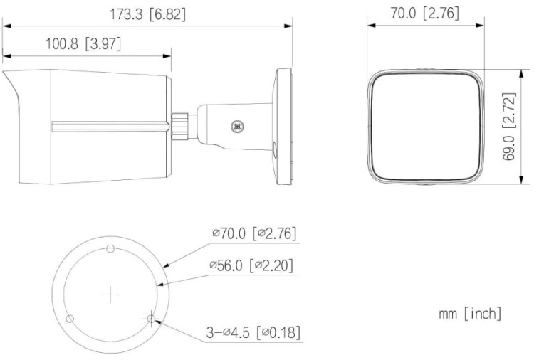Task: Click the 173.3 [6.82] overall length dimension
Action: (x=147, y=14)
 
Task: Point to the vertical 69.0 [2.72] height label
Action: (x=508, y=125)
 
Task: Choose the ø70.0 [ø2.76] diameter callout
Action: (x=253, y=233)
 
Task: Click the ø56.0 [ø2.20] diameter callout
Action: (x=251, y=265)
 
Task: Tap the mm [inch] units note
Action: (x=471, y=313)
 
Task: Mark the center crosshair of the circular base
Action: (x=110, y=295)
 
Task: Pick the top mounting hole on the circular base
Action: (x=110, y=248)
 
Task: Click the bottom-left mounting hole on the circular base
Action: (x=70, y=318)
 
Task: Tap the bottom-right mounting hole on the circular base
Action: (x=150, y=318)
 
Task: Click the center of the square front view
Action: (x=423, y=126)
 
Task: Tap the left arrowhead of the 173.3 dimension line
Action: (x=6, y=26)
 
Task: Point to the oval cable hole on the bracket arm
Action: (x=274, y=147)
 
